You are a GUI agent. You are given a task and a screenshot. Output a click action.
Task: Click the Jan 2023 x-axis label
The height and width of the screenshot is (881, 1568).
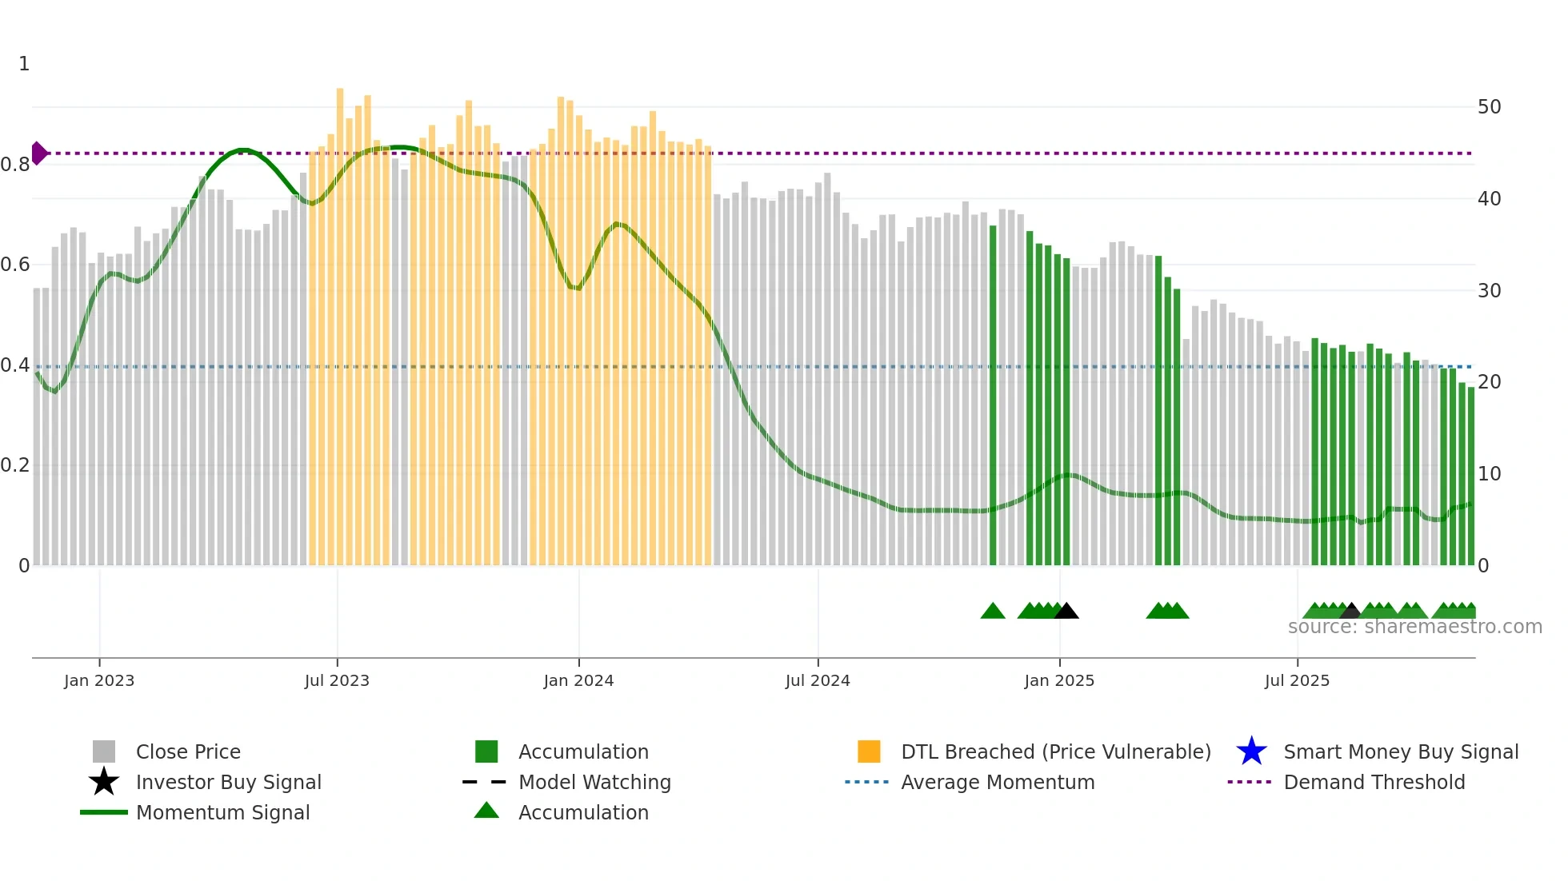99,680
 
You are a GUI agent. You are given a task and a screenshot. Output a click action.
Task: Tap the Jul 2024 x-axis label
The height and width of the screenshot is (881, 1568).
818,680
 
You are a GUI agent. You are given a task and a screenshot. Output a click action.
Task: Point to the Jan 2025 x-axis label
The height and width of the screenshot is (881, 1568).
1059,680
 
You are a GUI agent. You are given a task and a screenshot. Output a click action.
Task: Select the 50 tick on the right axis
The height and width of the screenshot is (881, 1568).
1489,107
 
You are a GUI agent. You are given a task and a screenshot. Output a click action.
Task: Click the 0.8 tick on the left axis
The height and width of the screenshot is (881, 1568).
15,165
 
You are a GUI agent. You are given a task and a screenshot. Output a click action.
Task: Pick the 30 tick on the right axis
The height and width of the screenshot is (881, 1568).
1489,290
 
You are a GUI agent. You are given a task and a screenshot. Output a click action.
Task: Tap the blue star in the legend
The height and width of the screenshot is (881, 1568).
1251,751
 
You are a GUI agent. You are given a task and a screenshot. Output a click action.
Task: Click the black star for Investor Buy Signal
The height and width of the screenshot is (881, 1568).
104,782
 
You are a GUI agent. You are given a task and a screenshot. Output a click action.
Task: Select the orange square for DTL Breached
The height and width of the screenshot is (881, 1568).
869,751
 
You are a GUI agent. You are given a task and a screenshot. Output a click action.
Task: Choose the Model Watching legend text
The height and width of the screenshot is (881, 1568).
594,782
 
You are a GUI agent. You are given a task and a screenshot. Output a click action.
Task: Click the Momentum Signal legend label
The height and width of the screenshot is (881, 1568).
222,812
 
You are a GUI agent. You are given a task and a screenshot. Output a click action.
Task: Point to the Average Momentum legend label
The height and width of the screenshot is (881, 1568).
998,782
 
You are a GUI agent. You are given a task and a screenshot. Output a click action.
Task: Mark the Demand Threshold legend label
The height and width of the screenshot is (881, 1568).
1374,782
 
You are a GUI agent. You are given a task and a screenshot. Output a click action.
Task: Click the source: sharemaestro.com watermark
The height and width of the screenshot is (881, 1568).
1414,627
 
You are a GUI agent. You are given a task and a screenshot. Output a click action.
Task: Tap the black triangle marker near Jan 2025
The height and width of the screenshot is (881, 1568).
1066,612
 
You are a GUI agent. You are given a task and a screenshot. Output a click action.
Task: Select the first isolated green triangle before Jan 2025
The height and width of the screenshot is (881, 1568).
993,612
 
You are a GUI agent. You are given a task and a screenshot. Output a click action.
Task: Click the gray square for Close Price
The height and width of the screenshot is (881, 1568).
104,751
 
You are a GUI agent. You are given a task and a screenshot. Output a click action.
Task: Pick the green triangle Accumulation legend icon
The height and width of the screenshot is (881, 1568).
486,811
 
